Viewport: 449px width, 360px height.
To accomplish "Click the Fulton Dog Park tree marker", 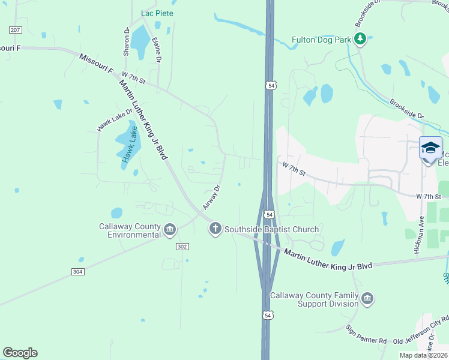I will (360, 40).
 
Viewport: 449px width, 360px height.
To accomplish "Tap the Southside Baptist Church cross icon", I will (215, 229).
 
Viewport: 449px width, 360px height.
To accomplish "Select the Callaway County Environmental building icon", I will (170, 229).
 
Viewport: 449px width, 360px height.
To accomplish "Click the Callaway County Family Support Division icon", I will (367, 298).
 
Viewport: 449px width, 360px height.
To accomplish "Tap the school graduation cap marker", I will (430, 148).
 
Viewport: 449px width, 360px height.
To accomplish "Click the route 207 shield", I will (15, 29).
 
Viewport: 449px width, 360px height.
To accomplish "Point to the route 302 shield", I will (183, 247).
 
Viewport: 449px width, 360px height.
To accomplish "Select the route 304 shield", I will (77, 271).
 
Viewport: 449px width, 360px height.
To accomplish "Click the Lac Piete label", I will (157, 13).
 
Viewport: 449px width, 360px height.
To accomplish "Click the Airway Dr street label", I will (212, 197).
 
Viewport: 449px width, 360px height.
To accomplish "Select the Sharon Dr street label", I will (127, 41).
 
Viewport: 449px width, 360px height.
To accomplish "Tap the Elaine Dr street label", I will (157, 50).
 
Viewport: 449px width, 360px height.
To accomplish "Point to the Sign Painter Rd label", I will (366, 335).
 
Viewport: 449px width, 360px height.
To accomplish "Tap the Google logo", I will (20, 353).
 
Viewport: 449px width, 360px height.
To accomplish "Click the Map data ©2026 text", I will (424, 355).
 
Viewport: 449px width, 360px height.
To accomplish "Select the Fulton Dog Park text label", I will (322, 40).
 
